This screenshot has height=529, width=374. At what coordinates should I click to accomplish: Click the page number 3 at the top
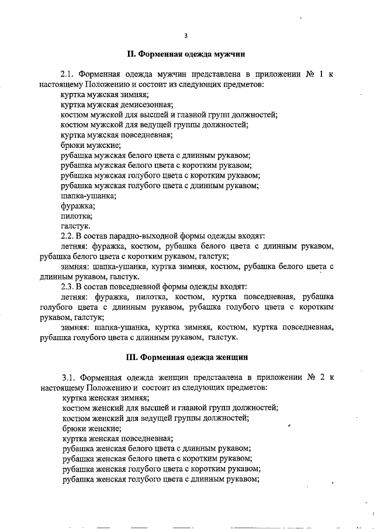tap(185, 36)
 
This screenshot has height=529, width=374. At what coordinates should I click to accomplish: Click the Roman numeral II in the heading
tap(131, 54)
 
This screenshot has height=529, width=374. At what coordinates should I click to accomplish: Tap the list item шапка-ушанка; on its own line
tap(88, 196)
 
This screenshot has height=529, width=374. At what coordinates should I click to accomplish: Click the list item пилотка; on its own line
tap(77, 216)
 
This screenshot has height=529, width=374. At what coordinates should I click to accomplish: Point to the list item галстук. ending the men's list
tap(76, 226)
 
